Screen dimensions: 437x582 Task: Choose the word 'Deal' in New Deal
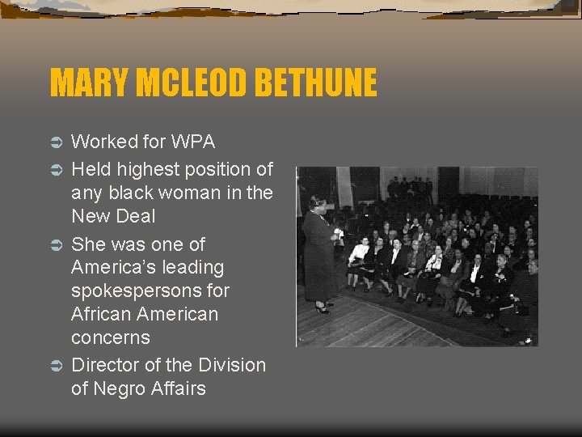136,216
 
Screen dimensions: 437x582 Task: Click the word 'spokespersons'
150,291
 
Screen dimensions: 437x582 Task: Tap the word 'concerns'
111,337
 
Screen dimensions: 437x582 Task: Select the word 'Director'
104,365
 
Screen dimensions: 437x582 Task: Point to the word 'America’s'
112,267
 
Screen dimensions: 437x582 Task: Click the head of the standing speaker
317,202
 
